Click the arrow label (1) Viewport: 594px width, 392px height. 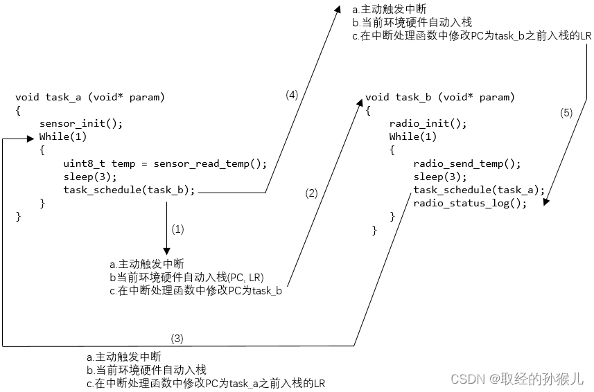[x=177, y=229]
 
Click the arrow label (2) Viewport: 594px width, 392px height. [x=311, y=193]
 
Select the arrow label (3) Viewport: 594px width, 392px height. [x=177, y=338]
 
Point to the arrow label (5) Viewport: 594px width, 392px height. [x=566, y=114]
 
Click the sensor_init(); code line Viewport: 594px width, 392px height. [x=81, y=123]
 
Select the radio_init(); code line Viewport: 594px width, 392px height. [x=428, y=123]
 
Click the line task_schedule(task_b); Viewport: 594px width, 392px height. [x=130, y=190]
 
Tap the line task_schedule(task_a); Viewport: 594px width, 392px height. [x=479, y=190]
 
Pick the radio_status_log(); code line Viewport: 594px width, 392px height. [x=470, y=203]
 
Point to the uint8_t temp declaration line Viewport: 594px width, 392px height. [x=164, y=163]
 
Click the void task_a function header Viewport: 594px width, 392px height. [x=90, y=97]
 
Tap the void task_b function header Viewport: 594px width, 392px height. [x=439, y=97]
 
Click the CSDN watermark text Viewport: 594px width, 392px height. [x=517, y=378]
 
